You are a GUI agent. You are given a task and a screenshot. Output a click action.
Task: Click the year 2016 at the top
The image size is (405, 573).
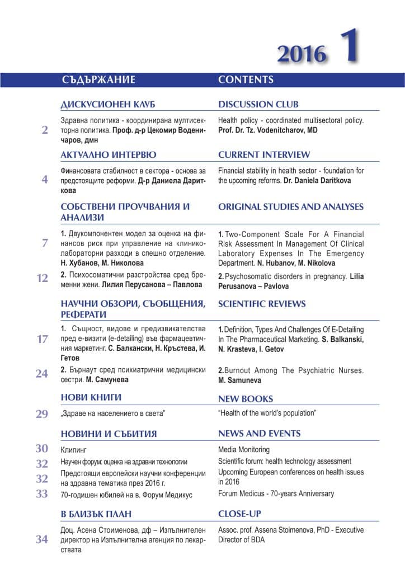[302, 54]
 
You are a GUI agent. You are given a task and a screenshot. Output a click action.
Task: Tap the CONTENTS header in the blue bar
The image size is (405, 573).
[246, 79]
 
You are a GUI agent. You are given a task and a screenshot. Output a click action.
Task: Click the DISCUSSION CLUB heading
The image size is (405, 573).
[258, 105]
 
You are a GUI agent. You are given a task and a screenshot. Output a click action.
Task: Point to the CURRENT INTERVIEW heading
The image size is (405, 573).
[264, 154]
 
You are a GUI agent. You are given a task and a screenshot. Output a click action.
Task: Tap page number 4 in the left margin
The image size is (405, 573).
[45, 180]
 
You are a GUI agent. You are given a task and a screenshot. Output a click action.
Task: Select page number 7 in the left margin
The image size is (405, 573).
[45, 243]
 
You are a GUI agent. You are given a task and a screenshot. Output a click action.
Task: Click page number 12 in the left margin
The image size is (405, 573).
[43, 278]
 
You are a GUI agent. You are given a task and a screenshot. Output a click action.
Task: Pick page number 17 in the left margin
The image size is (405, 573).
[43, 339]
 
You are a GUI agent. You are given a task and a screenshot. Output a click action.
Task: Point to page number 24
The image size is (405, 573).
[43, 374]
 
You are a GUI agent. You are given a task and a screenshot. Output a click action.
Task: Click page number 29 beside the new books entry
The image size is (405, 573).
[43, 414]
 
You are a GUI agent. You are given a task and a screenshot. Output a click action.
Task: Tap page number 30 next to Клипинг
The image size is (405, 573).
[43, 449]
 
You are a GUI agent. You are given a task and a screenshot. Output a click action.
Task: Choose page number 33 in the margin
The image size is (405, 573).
[43, 494]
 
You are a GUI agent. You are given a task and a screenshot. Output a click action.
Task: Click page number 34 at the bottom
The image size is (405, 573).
[43, 540]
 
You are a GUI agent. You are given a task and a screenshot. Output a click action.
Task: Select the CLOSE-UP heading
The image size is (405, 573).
[239, 514]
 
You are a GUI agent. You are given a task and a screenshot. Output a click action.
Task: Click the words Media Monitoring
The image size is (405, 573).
[244, 449]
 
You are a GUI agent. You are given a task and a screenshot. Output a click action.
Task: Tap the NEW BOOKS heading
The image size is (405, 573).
[246, 399]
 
